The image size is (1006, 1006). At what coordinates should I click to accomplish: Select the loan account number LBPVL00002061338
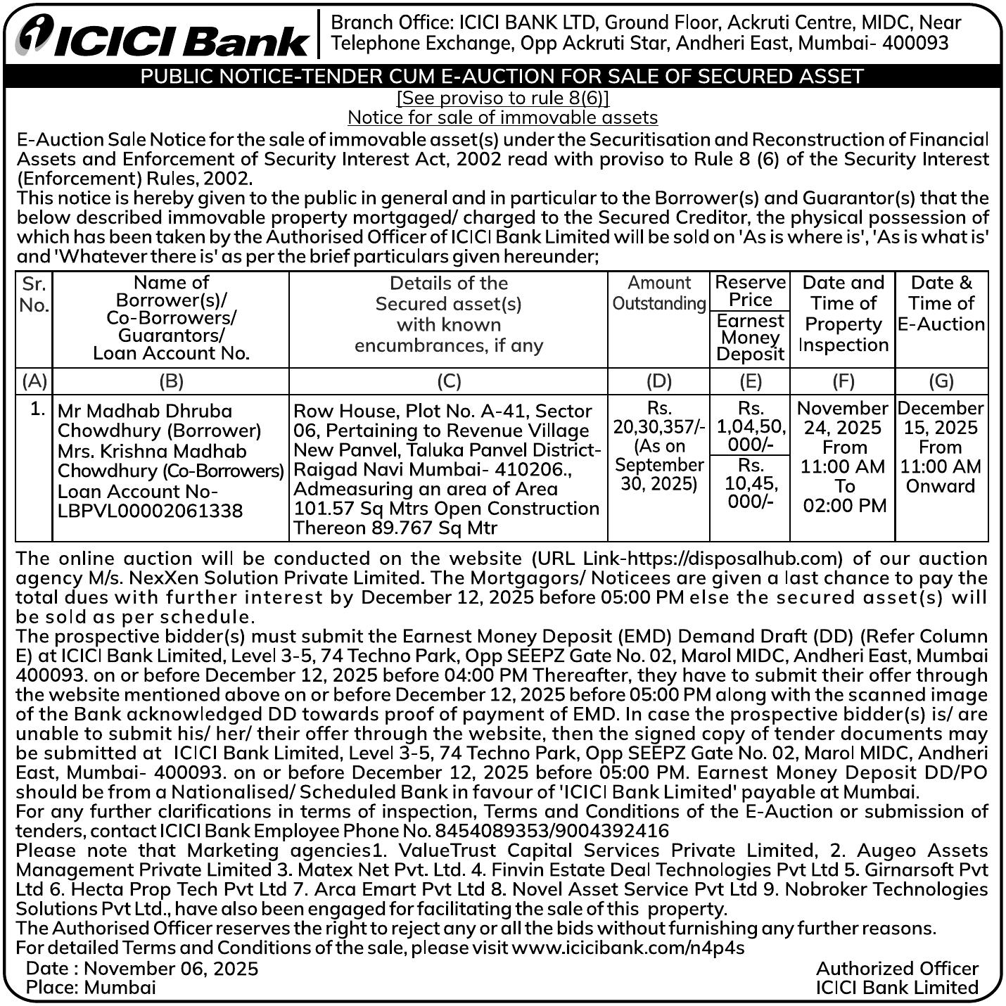click(x=150, y=511)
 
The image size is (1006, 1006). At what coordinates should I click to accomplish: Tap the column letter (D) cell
click(x=658, y=381)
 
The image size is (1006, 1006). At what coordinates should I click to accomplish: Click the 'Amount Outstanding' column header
click(x=658, y=293)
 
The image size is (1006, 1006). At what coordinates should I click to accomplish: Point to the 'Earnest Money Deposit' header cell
click(x=750, y=338)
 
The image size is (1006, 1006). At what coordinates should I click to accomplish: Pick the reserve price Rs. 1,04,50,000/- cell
click(x=750, y=426)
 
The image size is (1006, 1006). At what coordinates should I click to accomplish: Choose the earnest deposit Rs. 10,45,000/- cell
click(x=750, y=483)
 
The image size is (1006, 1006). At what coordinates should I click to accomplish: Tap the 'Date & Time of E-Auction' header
click(x=941, y=303)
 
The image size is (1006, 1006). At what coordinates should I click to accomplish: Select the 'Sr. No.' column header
click(x=34, y=295)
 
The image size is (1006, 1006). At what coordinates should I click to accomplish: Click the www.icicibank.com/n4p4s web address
click(x=628, y=948)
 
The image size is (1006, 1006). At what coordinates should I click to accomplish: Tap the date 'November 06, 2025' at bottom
click(x=171, y=969)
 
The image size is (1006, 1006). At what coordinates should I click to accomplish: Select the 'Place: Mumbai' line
click(x=91, y=987)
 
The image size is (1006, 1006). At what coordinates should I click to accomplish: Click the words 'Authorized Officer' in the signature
click(x=897, y=969)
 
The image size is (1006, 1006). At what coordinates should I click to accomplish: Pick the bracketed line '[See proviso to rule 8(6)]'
click(x=502, y=98)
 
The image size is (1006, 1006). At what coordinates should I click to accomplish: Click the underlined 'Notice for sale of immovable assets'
click(x=502, y=117)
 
